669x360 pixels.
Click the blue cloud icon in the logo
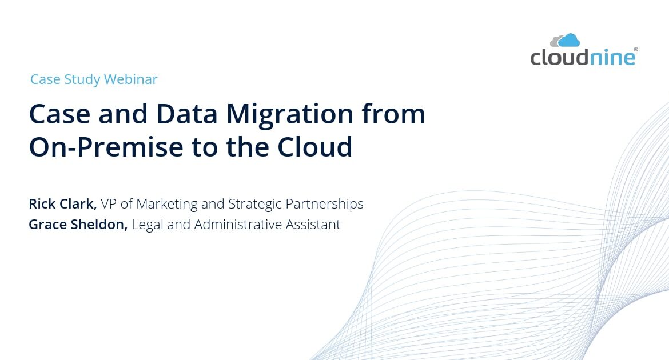click(570, 41)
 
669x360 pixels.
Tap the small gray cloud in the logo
click(555, 42)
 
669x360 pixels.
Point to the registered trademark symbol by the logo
click(636, 50)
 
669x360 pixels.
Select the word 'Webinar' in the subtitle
click(130, 79)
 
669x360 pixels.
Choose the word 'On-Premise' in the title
click(106, 147)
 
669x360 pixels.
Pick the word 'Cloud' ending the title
click(315, 147)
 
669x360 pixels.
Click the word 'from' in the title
click(393, 114)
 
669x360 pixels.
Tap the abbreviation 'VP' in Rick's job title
click(109, 204)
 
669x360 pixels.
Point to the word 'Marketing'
click(167, 205)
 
